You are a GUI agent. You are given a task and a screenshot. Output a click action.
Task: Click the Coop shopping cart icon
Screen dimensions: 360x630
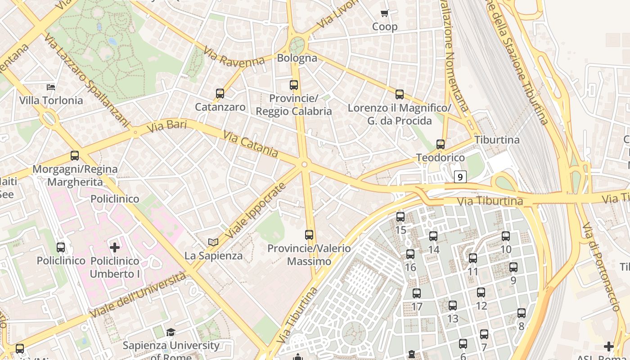pos(384,13)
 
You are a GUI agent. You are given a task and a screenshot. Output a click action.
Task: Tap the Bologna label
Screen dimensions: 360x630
pos(297,58)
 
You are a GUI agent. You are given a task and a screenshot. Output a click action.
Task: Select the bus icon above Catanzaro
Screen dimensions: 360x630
pos(220,94)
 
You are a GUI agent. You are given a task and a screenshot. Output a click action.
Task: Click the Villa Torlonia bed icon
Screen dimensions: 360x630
pos(51,87)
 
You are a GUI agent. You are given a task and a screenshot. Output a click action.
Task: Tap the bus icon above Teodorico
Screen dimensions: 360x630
pos(441,144)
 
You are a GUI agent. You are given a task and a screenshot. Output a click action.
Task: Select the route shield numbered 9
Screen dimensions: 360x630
pos(459,177)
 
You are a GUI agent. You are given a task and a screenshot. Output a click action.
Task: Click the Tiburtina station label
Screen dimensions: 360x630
pos(497,140)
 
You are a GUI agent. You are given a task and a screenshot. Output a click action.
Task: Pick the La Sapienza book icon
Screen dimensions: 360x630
pos(213,243)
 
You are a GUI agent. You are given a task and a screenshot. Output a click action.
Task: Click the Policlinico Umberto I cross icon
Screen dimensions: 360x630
pos(115,247)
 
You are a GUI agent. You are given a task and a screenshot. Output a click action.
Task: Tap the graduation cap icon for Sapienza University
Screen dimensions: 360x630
pos(171,333)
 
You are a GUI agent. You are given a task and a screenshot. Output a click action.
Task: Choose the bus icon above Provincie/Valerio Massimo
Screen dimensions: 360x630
pos(309,234)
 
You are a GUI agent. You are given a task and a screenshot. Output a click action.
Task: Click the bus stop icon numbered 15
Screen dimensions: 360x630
pos(400,217)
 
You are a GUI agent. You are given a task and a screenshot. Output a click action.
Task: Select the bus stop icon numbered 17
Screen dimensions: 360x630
pos(417,293)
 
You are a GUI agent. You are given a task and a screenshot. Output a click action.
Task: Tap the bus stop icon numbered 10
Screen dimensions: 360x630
pos(506,236)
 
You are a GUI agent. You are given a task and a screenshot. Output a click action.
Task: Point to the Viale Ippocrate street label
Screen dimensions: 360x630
pos(255,211)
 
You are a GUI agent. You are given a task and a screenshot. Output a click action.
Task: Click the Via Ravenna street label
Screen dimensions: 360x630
pos(234,56)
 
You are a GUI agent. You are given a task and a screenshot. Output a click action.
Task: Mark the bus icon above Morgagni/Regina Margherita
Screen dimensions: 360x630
pos(75,156)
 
